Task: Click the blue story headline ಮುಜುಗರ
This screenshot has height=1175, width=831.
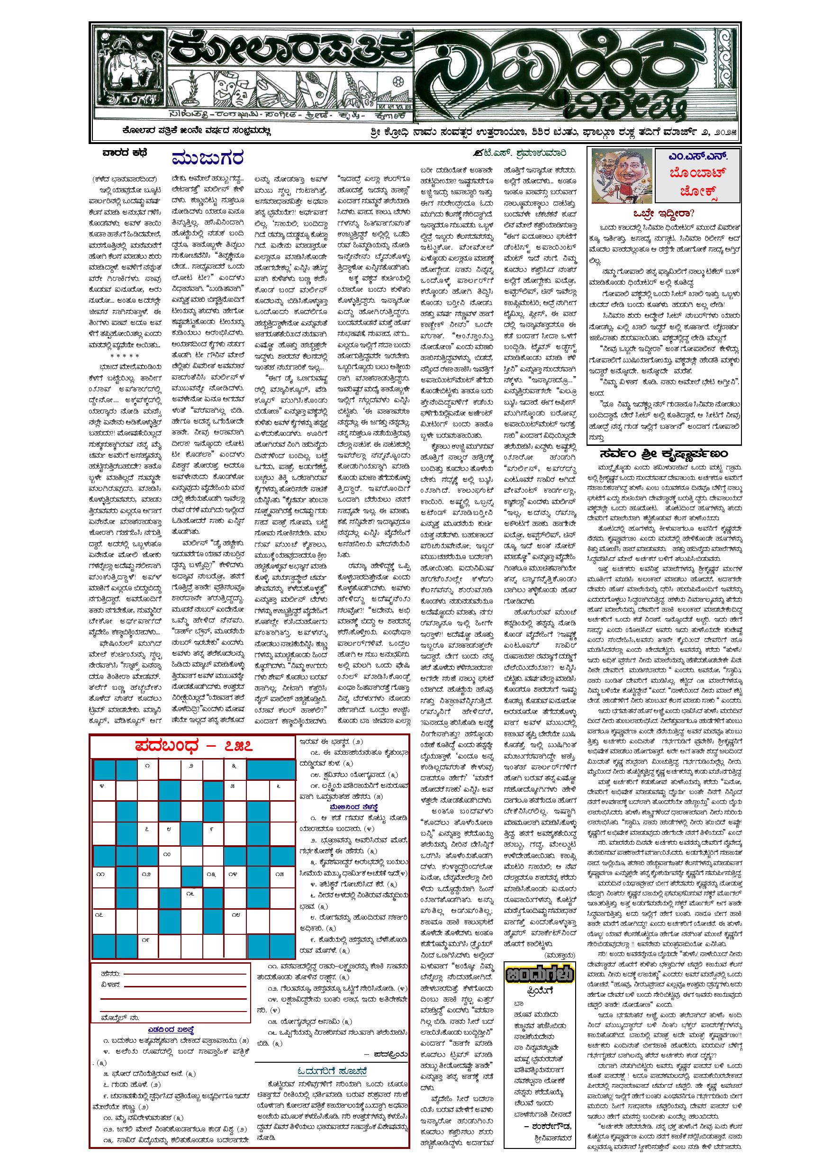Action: [207, 158]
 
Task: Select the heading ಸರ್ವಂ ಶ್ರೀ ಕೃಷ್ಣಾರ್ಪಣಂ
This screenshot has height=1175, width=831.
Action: [664, 453]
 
